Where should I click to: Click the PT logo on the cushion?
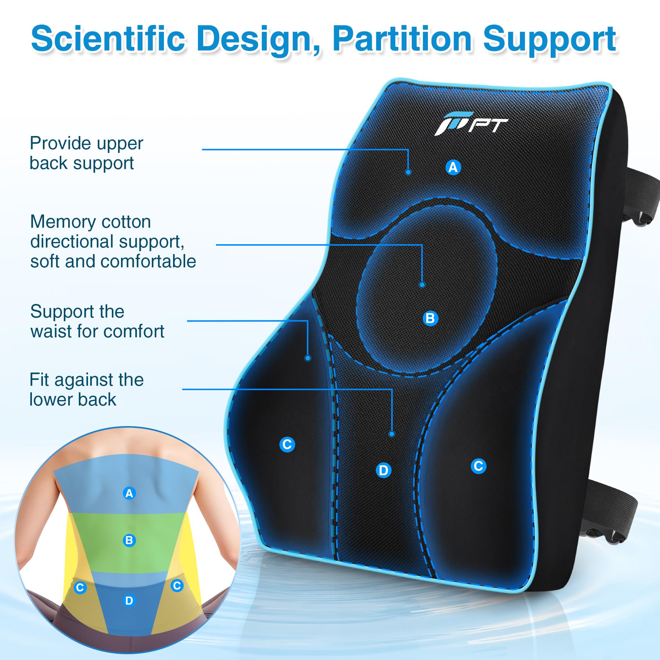click(471, 124)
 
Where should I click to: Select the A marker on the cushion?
click(453, 167)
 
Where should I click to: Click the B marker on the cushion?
click(430, 318)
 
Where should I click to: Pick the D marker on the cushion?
click(384, 470)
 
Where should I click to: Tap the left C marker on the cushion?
click(287, 444)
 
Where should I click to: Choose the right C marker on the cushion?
click(478, 466)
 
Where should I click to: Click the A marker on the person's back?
click(129, 493)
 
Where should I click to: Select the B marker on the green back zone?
click(129, 540)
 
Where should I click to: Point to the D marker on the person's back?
click(129, 601)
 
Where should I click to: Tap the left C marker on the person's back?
click(80, 588)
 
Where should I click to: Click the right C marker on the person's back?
click(177, 586)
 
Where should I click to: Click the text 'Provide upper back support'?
click(86, 153)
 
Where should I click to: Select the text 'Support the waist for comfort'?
click(97, 321)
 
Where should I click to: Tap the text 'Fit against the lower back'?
click(87, 389)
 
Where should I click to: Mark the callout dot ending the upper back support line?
click(408, 172)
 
